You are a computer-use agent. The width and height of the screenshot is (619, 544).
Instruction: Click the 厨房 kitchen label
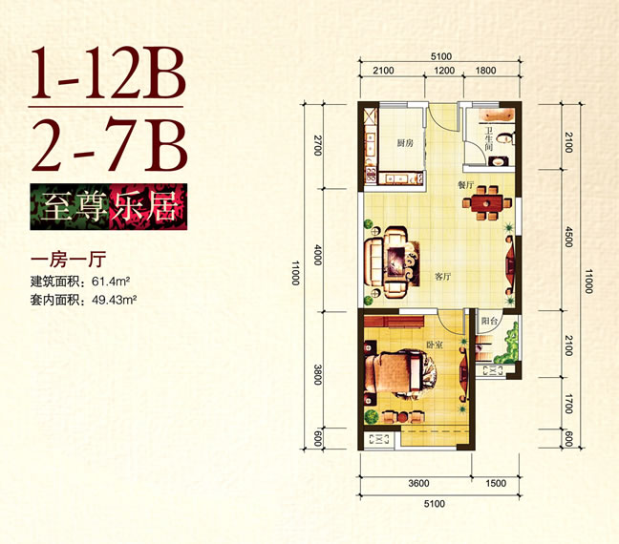[x=405, y=143]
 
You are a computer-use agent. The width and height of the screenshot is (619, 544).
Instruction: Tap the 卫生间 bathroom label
[x=489, y=139]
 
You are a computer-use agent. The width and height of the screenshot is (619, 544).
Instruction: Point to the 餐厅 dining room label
[x=466, y=184]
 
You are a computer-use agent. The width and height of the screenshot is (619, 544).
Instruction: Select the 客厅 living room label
[x=442, y=277]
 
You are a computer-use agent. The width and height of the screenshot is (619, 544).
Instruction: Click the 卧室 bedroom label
[x=434, y=345]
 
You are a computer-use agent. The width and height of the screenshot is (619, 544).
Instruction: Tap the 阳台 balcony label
[x=489, y=321]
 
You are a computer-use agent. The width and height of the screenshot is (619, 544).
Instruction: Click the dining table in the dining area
[x=487, y=202]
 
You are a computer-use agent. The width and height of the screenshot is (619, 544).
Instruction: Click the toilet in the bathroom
[x=504, y=138]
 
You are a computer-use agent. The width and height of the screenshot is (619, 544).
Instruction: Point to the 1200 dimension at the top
[x=444, y=71]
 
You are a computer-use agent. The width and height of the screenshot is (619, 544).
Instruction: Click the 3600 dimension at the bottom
[x=418, y=483]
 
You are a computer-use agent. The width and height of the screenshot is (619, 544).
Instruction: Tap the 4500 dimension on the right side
[x=568, y=237]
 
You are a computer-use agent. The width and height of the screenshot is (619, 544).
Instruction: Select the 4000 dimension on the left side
[x=318, y=255]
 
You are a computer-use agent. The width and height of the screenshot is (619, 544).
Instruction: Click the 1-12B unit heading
[x=107, y=73]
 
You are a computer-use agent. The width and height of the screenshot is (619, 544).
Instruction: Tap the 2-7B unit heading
[x=109, y=145]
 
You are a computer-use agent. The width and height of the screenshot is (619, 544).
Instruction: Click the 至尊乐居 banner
[x=109, y=207]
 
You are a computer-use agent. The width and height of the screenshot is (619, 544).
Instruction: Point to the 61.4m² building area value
[x=111, y=282]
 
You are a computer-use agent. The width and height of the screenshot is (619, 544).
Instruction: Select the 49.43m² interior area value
[x=114, y=300]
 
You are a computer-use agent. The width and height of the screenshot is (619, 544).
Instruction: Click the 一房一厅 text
[x=68, y=260]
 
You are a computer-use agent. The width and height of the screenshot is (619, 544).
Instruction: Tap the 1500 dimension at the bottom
[x=496, y=483]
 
